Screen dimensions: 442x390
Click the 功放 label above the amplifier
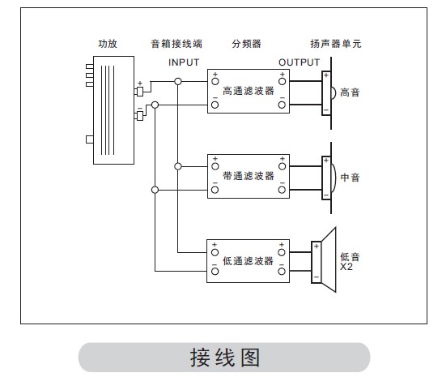tap(108, 44)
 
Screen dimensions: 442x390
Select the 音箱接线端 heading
tap(176, 44)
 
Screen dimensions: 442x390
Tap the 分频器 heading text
tap(246, 44)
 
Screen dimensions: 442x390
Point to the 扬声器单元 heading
tap(335, 44)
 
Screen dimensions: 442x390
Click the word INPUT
tap(184, 62)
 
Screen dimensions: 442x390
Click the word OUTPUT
tap(299, 62)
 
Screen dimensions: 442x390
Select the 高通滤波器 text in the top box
tap(249, 91)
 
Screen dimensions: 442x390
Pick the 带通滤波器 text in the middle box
tap(249, 176)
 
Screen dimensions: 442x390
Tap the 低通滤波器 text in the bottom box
tap(248, 261)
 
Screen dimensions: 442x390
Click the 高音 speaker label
tap(350, 92)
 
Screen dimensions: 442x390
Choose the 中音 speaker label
tap(350, 178)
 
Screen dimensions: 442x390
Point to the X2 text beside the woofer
tap(346, 267)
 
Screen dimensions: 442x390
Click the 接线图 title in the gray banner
tap(225, 358)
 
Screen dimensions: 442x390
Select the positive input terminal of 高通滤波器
tap(215, 82)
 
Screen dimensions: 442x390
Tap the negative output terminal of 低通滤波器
tap(282, 272)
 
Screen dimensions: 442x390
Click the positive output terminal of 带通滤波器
tap(282, 166)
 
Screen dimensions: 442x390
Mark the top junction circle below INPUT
tap(178, 82)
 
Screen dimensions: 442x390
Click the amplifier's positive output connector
tap(139, 92)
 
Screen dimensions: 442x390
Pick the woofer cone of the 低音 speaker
tap(329, 259)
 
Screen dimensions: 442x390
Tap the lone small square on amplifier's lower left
tap(90, 139)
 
